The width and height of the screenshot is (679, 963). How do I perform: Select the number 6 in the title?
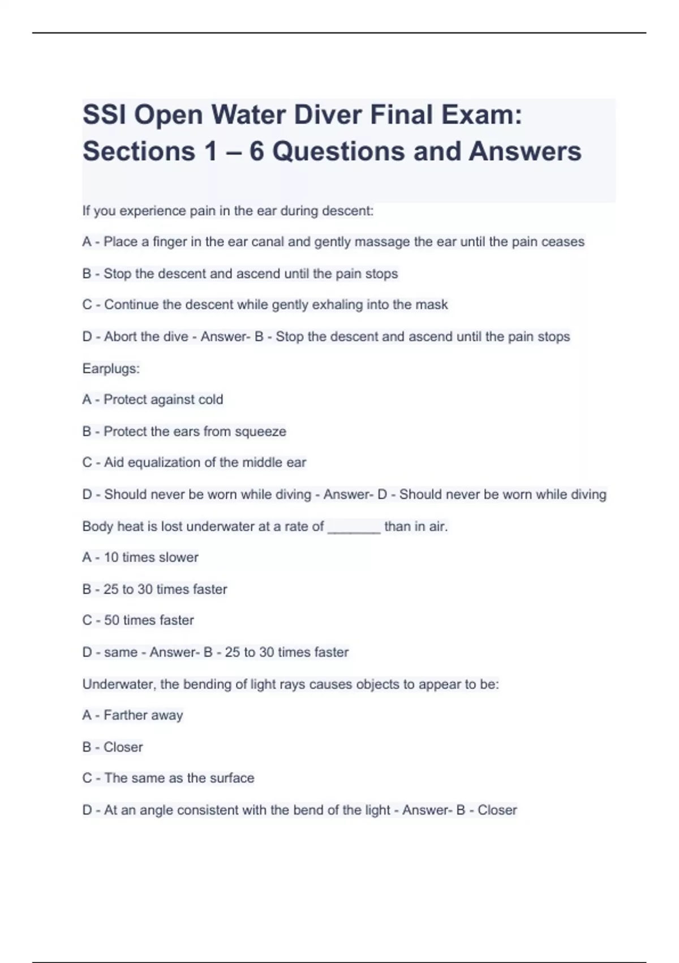256,151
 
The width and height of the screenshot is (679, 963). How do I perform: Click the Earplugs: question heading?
111,369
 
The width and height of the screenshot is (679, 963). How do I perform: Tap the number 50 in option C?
111,620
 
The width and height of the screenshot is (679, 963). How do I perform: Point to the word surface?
232,778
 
